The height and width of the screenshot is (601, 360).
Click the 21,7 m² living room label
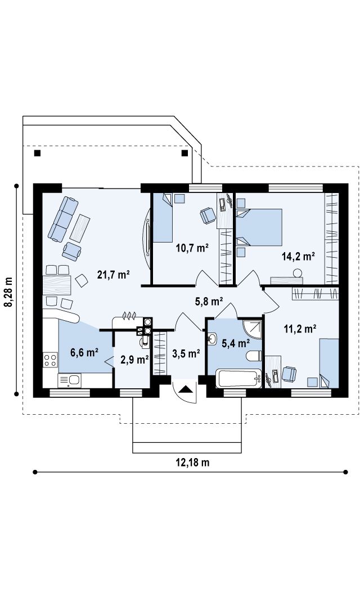coord(114,275)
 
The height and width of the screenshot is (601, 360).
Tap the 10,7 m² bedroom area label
coord(192,248)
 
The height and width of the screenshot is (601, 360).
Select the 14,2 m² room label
coord(298,256)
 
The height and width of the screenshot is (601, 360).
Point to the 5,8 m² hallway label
coord(209,302)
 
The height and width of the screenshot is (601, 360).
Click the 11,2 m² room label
coord(300,328)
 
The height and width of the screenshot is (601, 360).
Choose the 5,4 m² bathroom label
coord(236,343)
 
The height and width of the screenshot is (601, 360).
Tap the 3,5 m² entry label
coord(186,353)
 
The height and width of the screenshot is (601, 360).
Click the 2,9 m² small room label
coord(134,360)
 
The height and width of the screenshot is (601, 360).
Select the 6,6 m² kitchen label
coord(84,352)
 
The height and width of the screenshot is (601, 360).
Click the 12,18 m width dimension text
coord(192,462)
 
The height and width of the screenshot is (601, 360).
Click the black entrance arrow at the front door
coord(186,389)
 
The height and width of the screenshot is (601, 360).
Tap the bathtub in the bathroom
coord(238,378)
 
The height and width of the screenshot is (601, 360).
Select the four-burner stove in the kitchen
coord(50,360)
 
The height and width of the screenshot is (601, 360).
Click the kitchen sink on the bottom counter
coord(69,380)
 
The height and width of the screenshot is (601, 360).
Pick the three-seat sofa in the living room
coord(63,219)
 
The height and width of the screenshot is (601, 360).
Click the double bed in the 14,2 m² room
coord(259,227)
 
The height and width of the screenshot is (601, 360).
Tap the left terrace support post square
coord(37,153)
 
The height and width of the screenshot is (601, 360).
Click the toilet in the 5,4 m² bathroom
coord(254,356)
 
